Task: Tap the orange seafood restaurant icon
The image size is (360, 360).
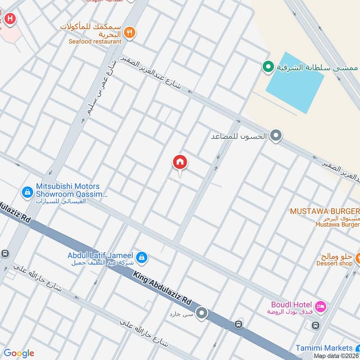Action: coord(130,32)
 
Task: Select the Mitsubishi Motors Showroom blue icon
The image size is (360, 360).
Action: coord(28,193)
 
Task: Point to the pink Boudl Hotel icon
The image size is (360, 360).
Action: coord(320,307)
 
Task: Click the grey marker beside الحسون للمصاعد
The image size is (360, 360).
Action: coord(276,135)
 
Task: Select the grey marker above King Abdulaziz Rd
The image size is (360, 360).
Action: coord(202,313)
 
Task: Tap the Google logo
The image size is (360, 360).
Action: coord(18,353)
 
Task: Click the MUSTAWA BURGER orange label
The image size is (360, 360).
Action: coord(324,211)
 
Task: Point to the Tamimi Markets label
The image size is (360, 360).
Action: coord(324,348)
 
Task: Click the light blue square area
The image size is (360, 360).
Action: coord(295,83)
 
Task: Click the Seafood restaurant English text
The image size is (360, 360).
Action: coord(95,41)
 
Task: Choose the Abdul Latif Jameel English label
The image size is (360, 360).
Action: coord(101,255)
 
